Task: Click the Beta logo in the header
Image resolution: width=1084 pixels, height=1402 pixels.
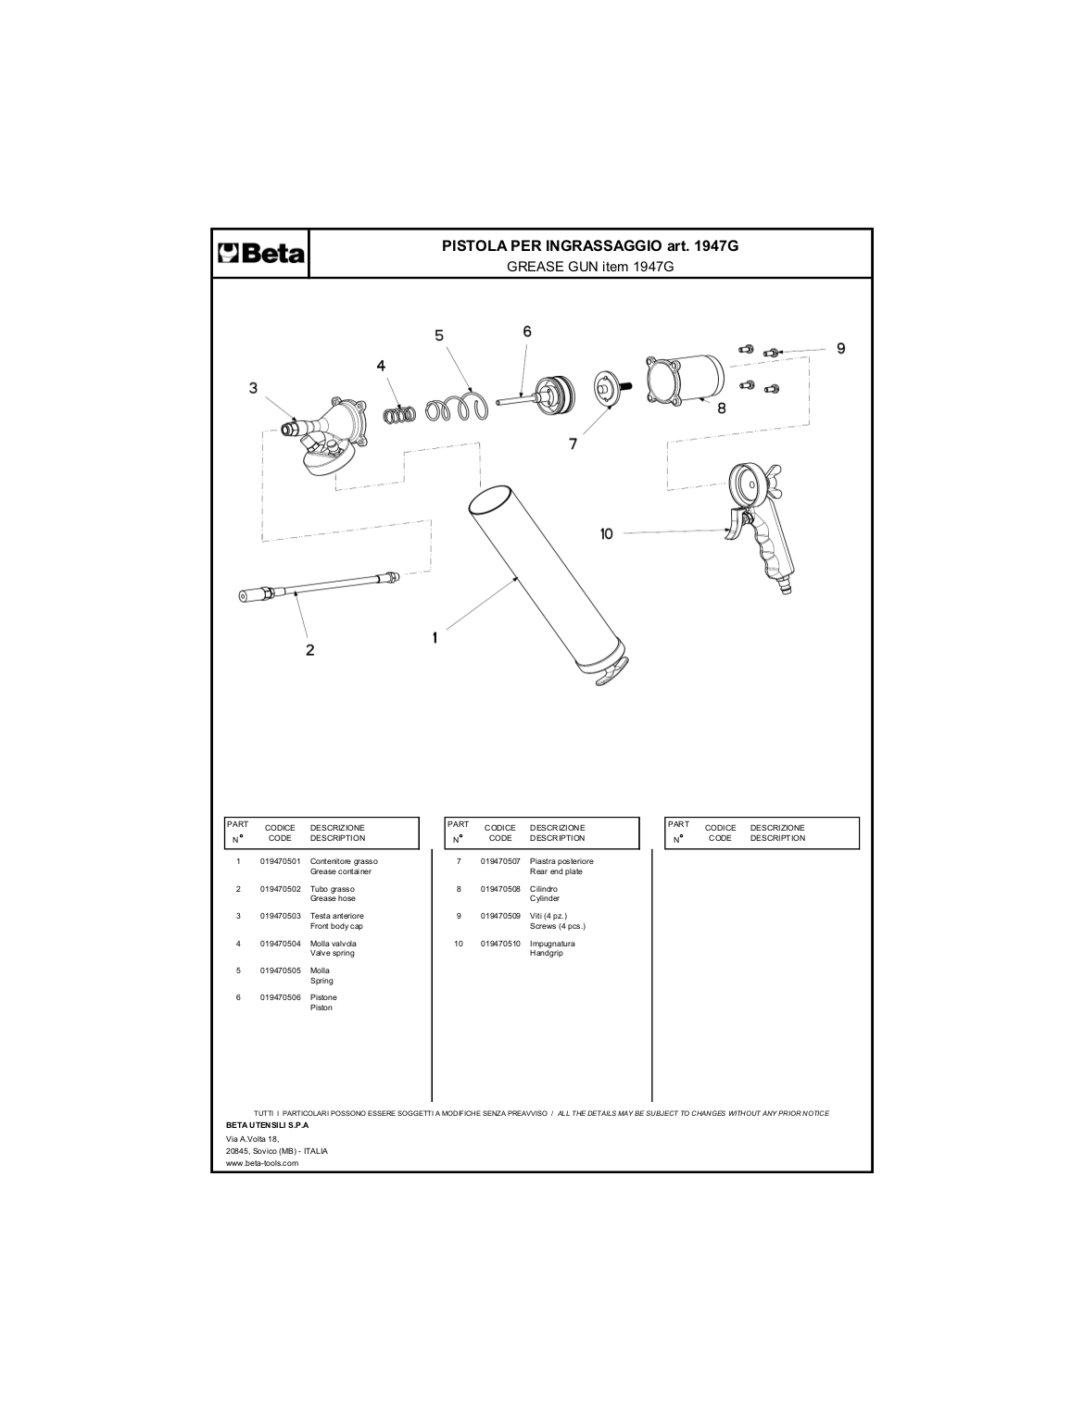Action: [260, 254]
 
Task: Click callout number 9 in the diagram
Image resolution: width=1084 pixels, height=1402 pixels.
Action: [840, 348]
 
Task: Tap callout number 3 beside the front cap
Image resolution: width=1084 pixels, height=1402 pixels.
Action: [253, 388]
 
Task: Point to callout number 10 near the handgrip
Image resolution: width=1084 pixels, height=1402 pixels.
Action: [607, 534]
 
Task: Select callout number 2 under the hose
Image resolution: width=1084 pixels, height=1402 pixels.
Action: [309, 650]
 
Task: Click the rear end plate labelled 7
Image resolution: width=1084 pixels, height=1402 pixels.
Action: [610, 388]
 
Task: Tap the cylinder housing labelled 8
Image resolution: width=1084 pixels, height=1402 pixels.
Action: [686, 381]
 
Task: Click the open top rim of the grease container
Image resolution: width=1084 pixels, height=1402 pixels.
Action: [492, 500]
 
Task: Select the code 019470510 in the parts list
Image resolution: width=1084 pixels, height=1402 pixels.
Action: [500, 944]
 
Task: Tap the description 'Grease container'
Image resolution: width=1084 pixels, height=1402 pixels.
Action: [341, 871]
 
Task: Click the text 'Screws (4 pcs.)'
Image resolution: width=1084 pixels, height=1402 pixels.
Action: [558, 926]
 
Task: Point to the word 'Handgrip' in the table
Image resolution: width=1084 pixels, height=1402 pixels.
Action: [547, 953]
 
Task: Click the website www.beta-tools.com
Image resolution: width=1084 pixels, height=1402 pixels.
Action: [262, 1163]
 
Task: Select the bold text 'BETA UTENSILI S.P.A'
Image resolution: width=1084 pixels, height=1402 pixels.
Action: [267, 1124]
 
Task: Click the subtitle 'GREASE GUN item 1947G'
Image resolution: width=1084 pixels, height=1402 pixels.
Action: [590, 267]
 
